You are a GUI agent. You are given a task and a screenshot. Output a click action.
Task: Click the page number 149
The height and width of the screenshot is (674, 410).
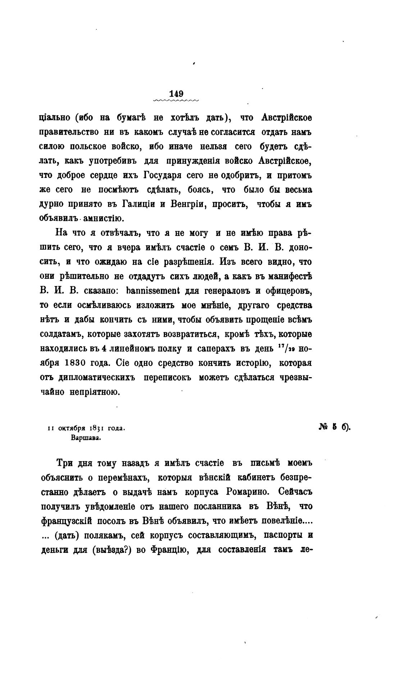tap(176, 93)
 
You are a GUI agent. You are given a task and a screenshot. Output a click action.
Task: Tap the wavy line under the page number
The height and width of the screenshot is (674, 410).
tap(176, 101)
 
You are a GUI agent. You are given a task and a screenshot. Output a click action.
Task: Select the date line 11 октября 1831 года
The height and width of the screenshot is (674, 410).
tap(86, 428)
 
